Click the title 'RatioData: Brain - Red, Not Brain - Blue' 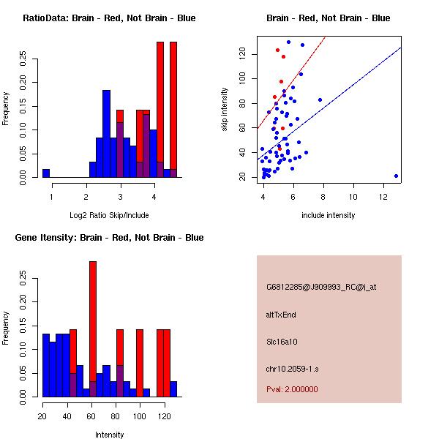(109, 18)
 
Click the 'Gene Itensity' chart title (109, 238)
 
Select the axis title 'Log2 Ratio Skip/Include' (109, 215)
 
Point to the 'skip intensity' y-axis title (225, 110)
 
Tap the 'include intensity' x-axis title (329, 215)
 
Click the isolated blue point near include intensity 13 (396, 176)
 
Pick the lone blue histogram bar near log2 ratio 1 (46, 173)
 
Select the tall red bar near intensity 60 (93, 329)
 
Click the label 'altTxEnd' (281, 315)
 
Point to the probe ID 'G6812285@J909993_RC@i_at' (321, 288)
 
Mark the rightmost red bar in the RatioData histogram (173, 110)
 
